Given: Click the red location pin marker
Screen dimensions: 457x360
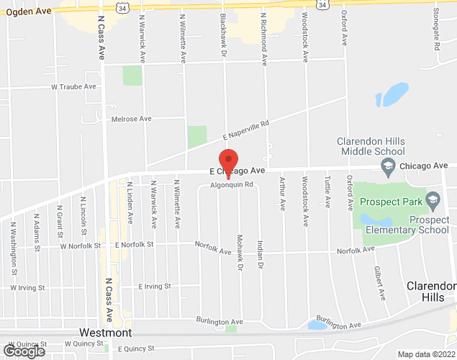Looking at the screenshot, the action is coord(228,162).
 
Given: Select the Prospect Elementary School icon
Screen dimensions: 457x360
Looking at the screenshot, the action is coord(433,197).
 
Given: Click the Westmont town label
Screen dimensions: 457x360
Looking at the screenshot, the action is coord(105,333).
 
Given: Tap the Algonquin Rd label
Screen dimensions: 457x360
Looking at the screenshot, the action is coord(232,184).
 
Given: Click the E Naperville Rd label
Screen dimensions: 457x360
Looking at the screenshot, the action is coord(245,130).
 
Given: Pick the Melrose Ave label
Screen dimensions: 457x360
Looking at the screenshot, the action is coord(131,118).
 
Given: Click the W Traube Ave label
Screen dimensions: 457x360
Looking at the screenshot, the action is coord(73,86).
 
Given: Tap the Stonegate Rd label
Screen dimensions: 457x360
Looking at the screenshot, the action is coord(437,35).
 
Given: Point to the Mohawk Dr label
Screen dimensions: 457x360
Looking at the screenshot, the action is coord(239,252).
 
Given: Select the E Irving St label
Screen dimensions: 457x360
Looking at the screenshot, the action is coord(155,286).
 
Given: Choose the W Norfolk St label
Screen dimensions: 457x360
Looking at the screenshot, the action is coord(81,245).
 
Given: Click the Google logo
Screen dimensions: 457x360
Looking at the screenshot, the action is coord(23,351).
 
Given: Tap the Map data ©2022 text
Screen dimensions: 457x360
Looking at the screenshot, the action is coord(427,354).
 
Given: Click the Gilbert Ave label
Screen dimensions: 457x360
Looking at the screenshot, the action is coord(379,283).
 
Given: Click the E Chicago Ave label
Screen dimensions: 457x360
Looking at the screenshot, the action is coord(238,171).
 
